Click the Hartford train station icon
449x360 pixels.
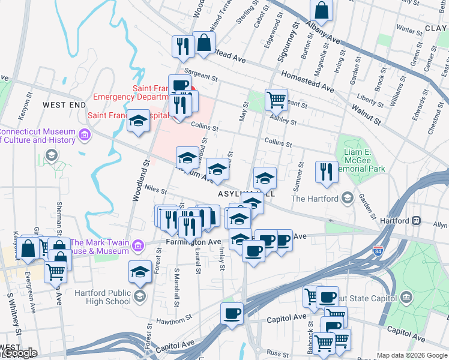(415, 221)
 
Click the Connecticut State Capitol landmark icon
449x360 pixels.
(407, 298)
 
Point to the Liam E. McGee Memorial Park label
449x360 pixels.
(364, 161)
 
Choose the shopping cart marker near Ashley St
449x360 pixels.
(276, 99)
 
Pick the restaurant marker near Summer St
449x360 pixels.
(326, 171)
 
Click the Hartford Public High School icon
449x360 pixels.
(140, 295)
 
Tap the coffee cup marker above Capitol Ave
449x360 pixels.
(232, 313)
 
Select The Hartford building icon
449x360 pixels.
(347, 198)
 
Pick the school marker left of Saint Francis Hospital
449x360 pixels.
(138, 122)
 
